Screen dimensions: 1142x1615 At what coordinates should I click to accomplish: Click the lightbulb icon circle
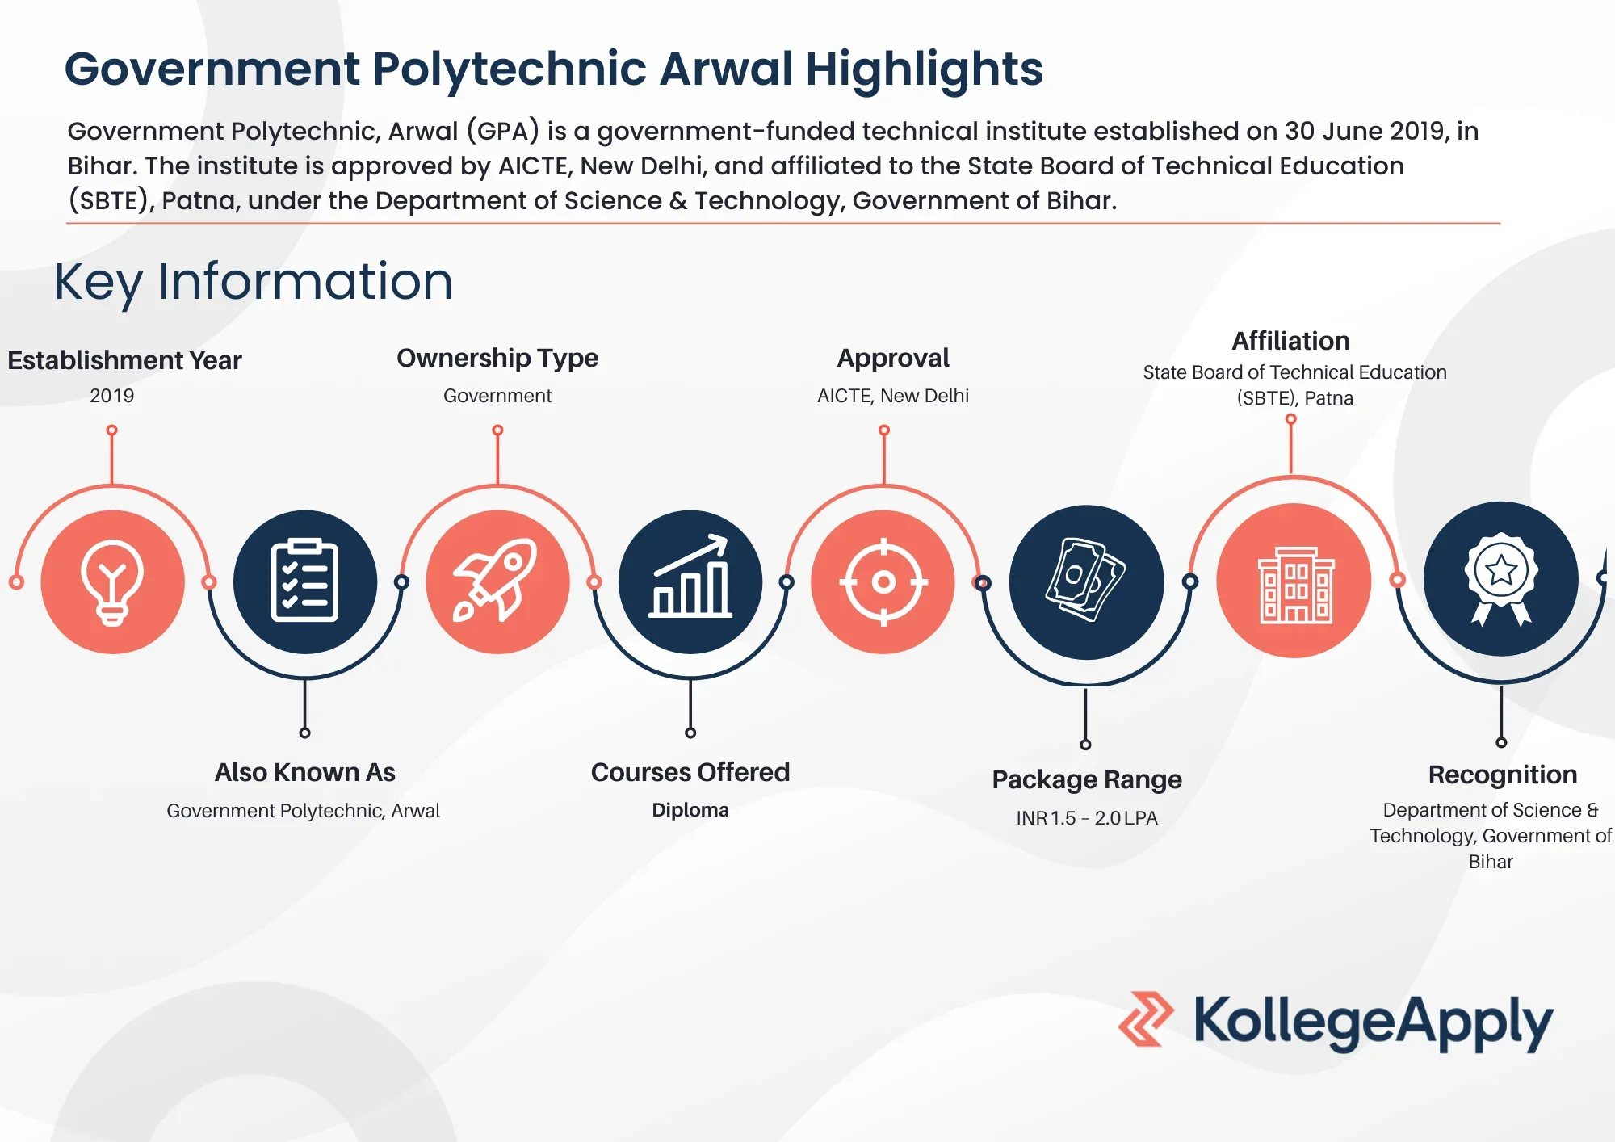pyautogui.click(x=112, y=581)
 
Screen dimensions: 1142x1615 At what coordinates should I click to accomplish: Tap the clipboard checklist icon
pyautogui.click(x=304, y=581)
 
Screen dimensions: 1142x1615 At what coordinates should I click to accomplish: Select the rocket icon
pyautogui.click(x=497, y=581)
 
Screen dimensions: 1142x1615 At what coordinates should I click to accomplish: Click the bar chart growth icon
pyautogui.click(x=690, y=581)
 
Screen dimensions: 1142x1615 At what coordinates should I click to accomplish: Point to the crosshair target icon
pyautogui.click(x=883, y=581)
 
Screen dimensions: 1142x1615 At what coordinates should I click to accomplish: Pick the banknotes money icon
pyautogui.click(x=1086, y=581)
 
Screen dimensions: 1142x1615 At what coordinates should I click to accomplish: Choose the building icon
pyautogui.click(x=1294, y=581)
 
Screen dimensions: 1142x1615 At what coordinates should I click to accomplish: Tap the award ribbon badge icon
pyautogui.click(x=1501, y=579)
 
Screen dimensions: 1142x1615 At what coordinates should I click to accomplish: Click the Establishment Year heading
pyautogui.click(x=124, y=360)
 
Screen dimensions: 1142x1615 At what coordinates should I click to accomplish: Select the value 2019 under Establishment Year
pyautogui.click(x=112, y=396)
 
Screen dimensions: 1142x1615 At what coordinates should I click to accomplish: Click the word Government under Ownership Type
pyautogui.click(x=497, y=396)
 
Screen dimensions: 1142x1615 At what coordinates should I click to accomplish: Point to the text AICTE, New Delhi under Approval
pyautogui.click(x=893, y=396)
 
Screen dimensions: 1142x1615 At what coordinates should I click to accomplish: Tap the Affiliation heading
pyautogui.click(x=1290, y=341)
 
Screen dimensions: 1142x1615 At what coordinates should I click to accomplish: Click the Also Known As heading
pyautogui.click(x=305, y=772)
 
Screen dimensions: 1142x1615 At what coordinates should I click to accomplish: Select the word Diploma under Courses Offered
pyautogui.click(x=690, y=810)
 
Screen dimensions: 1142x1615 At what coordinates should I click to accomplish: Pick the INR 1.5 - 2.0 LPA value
pyautogui.click(x=1087, y=818)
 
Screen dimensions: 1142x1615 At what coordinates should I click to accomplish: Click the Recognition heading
pyautogui.click(x=1502, y=775)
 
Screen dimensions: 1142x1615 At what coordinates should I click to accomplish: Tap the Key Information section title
pyautogui.click(x=254, y=282)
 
